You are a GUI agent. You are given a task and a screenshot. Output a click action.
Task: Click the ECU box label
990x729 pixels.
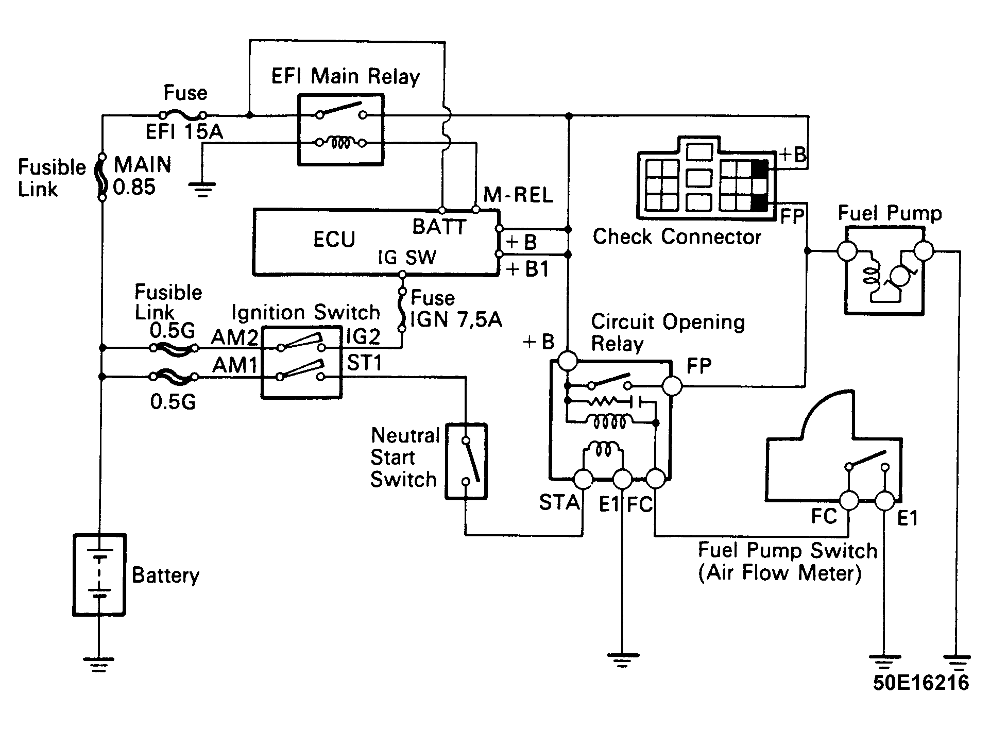(x=334, y=240)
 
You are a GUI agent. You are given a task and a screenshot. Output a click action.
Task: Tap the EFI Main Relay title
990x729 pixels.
(x=346, y=77)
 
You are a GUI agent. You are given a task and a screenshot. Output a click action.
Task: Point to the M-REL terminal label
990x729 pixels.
(x=518, y=195)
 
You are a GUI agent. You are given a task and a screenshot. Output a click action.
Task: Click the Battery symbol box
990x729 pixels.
(x=99, y=574)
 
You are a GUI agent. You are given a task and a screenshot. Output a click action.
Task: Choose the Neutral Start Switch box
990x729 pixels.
(x=466, y=462)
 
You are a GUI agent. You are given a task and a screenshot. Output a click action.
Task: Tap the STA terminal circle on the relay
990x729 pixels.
(x=584, y=479)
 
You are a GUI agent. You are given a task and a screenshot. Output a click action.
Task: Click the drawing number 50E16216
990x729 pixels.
(x=921, y=683)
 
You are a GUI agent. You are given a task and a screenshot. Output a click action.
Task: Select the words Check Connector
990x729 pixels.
(x=677, y=237)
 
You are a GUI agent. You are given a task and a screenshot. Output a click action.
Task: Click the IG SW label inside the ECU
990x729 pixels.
(x=407, y=258)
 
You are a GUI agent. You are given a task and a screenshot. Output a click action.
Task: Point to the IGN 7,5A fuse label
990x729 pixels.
(x=456, y=320)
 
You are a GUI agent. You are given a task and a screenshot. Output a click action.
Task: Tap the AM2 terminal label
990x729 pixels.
(x=234, y=337)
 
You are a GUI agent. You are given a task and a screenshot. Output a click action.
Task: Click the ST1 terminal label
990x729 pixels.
(x=364, y=364)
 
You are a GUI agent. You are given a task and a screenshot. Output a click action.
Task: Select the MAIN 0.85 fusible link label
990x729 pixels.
(x=142, y=176)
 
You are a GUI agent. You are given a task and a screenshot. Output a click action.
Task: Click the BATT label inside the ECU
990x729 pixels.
(x=439, y=227)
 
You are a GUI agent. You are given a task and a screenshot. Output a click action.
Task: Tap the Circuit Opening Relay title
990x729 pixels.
(x=668, y=332)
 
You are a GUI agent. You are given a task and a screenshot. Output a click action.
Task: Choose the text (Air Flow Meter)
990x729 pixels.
(x=779, y=573)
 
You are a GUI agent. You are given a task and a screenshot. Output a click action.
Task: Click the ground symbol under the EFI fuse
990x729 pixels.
(x=203, y=190)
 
